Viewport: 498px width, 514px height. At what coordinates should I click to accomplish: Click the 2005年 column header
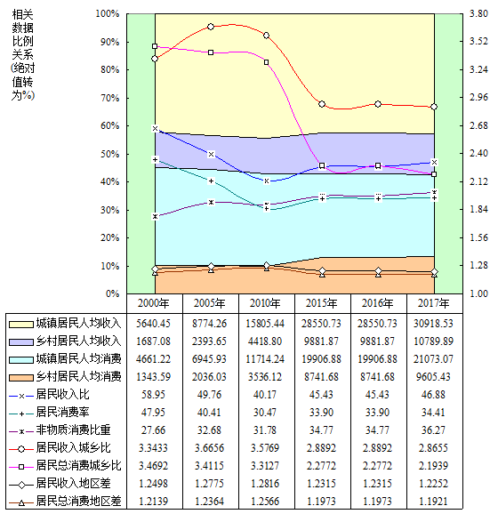[210, 303]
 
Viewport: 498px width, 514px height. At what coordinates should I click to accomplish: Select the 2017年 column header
[433, 303]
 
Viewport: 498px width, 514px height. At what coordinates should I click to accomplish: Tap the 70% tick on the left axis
[109, 98]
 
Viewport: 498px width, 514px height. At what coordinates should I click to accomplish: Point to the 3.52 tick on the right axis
[478, 41]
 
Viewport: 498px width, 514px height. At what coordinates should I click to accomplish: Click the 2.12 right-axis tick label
[478, 181]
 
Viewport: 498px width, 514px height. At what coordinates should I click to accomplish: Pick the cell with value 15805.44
[265, 324]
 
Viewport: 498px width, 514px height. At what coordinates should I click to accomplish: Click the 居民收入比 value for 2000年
[154, 394]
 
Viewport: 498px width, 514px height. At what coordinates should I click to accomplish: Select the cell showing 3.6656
[210, 448]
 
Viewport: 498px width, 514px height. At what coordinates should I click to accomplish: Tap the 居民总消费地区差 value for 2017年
[433, 502]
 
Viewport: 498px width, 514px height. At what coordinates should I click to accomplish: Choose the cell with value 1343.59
[154, 377]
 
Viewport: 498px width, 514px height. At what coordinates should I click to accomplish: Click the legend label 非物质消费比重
[73, 430]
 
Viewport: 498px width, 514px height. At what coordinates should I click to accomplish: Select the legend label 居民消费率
[62, 412]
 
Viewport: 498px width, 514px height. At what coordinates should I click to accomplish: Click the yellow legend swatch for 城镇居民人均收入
[21, 325]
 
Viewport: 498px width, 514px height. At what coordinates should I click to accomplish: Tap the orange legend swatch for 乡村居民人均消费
[21, 378]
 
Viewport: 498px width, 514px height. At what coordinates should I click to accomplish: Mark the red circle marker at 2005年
[211, 27]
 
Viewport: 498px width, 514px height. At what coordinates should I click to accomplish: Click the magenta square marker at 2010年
[267, 62]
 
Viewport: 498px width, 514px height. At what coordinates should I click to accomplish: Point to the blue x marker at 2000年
[155, 128]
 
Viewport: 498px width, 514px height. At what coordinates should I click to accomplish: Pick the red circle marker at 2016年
[378, 104]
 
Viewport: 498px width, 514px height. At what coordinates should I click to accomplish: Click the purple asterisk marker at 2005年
[211, 202]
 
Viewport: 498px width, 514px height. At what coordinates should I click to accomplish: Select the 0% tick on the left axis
[112, 293]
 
